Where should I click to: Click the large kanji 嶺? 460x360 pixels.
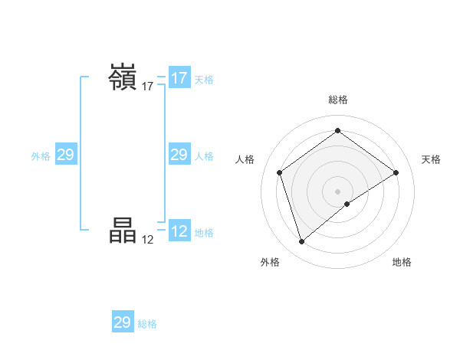123,78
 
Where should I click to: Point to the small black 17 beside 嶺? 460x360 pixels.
148,87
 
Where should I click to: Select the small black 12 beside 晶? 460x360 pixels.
148,239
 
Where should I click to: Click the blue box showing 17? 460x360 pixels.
179,78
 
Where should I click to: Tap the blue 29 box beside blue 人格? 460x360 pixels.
179,155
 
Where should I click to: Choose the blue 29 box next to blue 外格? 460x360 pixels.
65,155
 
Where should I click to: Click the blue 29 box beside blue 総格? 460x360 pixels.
123,322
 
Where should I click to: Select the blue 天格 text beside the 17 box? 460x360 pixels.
204,80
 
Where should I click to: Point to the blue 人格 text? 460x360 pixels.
204,156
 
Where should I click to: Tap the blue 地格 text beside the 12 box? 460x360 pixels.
204,233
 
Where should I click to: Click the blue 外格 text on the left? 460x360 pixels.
41,156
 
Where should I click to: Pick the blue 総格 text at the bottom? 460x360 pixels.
147,324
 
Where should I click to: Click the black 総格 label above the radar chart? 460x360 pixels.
337,100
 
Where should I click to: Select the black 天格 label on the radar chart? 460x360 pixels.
431,159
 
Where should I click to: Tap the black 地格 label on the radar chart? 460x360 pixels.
402,262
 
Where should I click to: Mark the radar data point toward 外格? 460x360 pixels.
301,242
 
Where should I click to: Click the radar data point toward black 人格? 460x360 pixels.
280,172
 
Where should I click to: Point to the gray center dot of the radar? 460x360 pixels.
337,191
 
